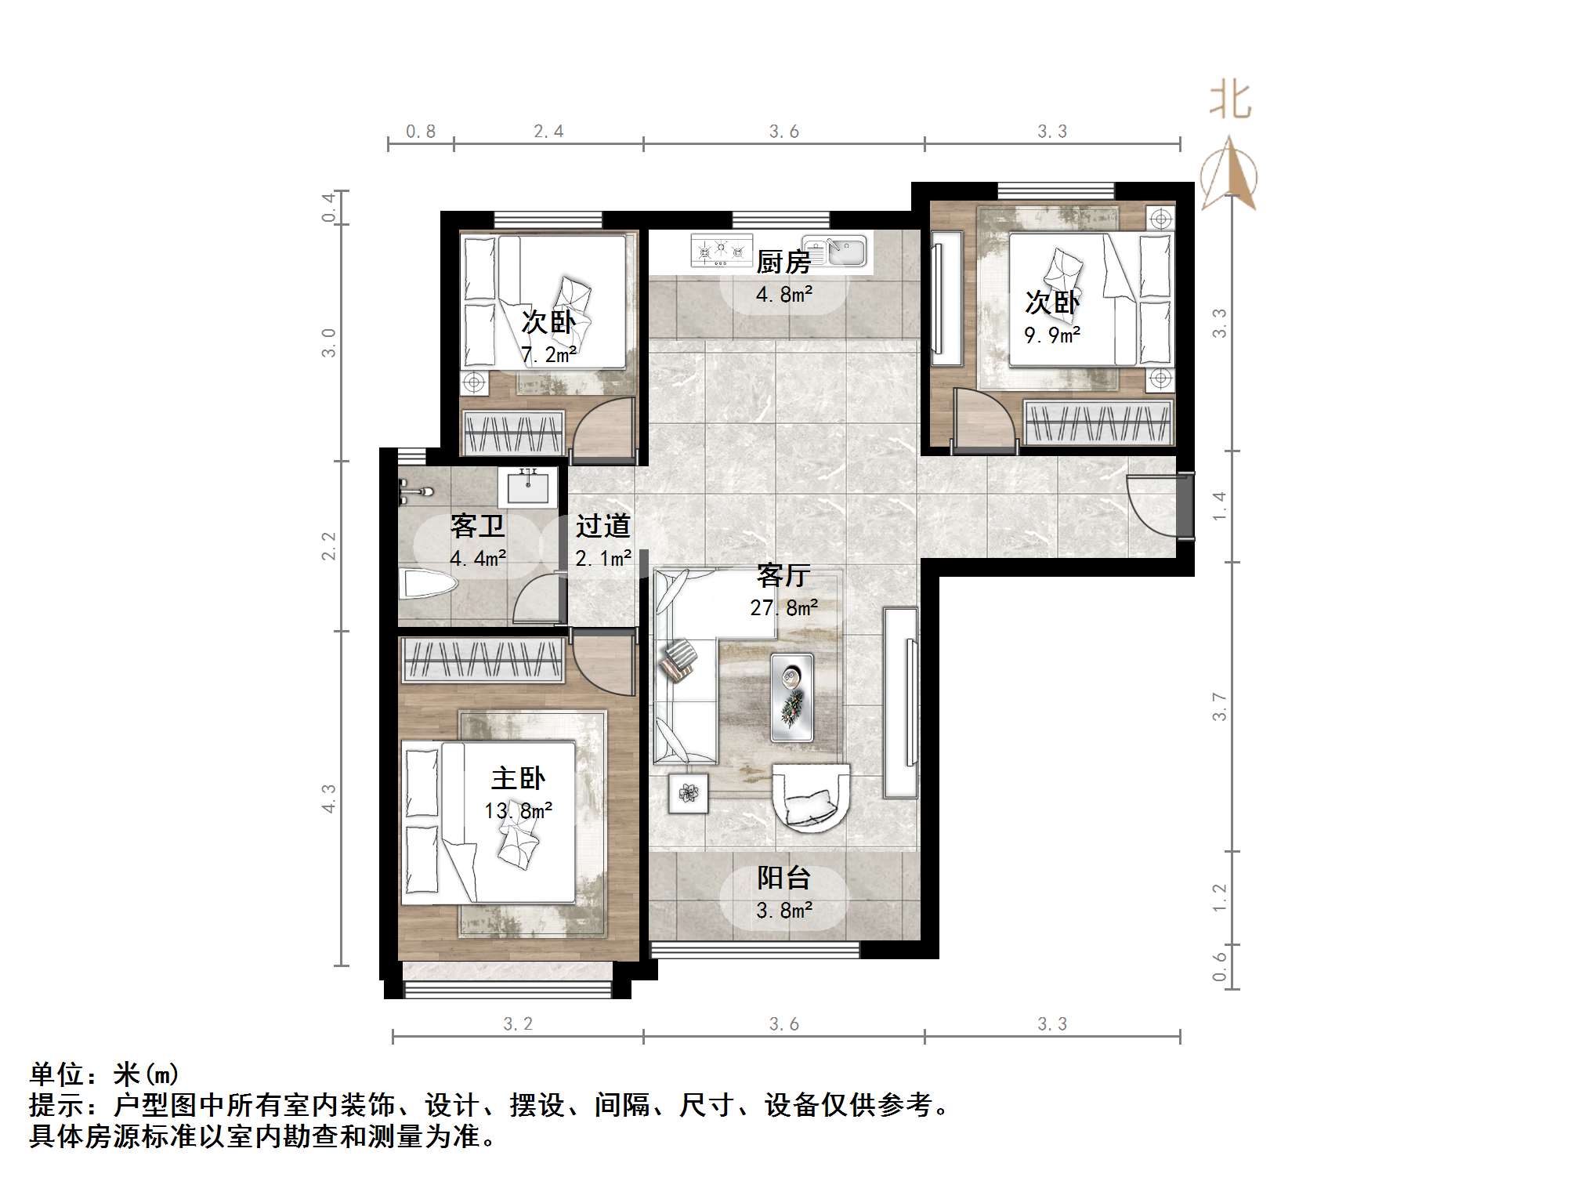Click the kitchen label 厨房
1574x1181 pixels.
point(783,262)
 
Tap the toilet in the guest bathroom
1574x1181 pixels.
point(426,585)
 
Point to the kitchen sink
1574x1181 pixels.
point(835,251)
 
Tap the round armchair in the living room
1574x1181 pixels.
point(811,795)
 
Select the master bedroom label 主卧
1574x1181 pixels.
point(518,778)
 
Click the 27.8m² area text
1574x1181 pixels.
point(783,607)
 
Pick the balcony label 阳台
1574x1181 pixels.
point(783,878)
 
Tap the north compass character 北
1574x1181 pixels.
point(1229,102)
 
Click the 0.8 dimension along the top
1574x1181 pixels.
point(421,131)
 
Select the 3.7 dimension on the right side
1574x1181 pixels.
point(1219,706)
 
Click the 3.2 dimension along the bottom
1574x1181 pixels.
point(517,1023)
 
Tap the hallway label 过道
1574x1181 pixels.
point(602,526)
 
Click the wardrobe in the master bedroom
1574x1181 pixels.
point(483,659)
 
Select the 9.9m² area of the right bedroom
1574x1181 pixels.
point(1052,335)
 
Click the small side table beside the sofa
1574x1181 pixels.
point(689,793)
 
